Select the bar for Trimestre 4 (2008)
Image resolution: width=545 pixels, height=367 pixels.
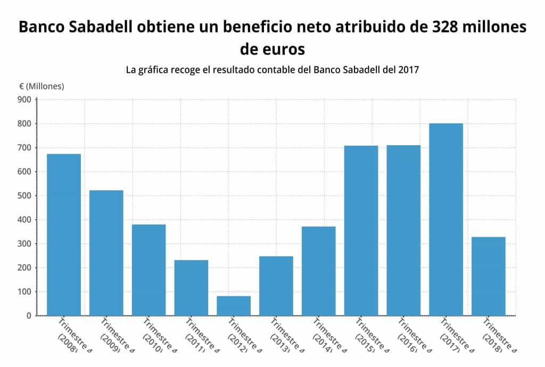tap(64, 234)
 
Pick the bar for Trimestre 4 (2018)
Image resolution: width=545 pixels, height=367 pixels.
tap(489, 276)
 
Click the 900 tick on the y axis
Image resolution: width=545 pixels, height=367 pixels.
tap(24, 99)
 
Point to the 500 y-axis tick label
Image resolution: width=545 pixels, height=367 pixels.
tap(24, 196)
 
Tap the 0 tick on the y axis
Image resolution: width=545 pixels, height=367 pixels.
tap(29, 316)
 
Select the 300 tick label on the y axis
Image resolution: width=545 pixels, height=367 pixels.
tap(24, 244)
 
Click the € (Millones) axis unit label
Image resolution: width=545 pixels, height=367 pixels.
tap(42, 86)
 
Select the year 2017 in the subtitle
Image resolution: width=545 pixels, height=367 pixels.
tap(408, 70)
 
